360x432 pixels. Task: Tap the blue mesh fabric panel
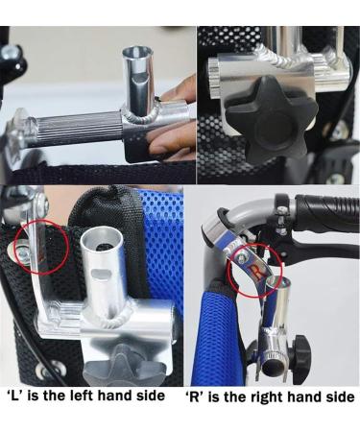tap(158, 240)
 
